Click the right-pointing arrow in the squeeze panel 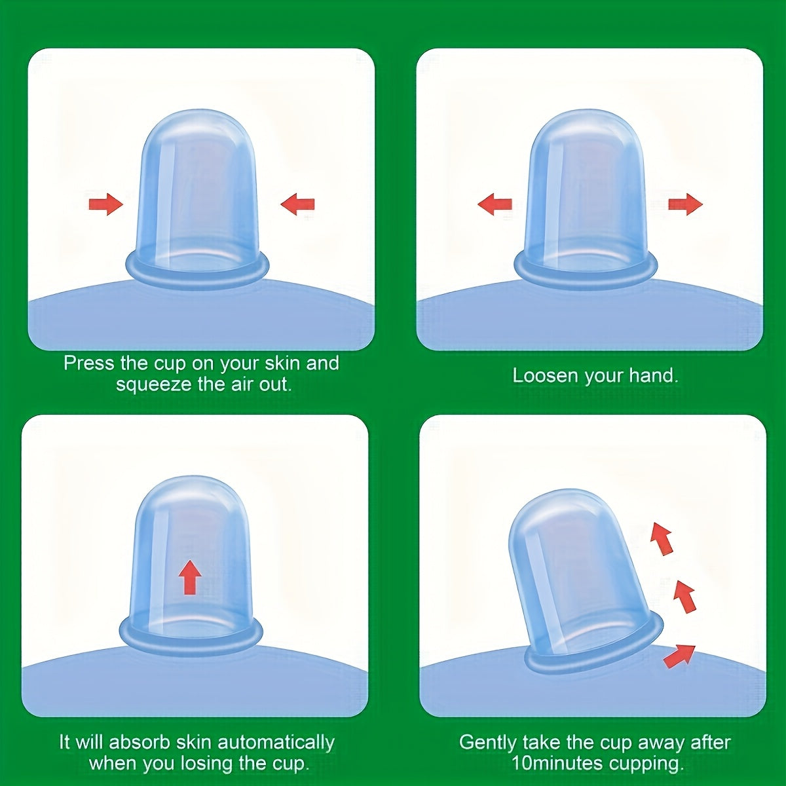106,204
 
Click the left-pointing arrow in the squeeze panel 297,204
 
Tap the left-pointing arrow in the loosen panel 495,204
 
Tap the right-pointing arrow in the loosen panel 685,204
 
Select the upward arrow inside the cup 190,577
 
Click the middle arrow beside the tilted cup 684,596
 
